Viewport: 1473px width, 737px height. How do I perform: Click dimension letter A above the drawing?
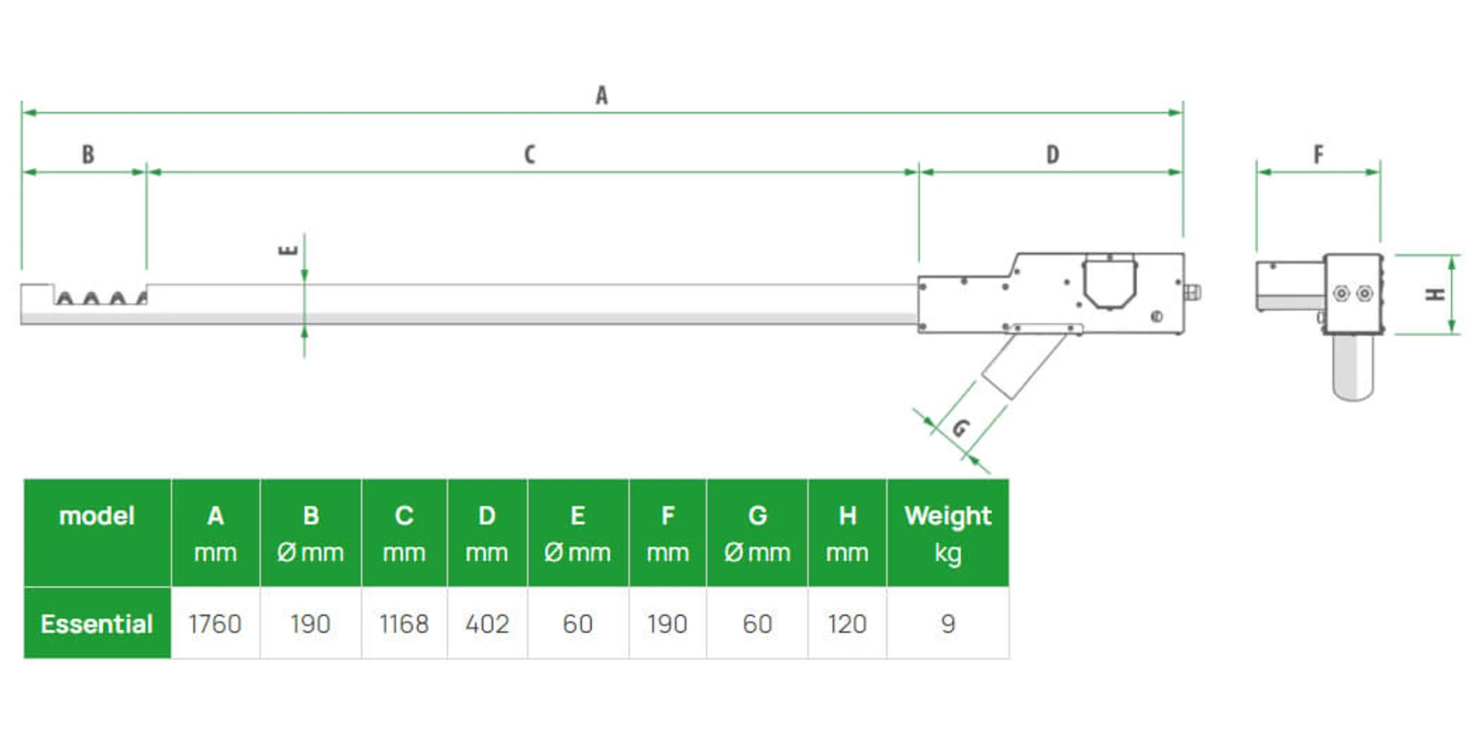(x=602, y=96)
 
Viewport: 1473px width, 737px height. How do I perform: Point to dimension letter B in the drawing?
(x=88, y=155)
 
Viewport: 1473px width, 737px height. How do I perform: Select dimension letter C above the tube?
(x=530, y=155)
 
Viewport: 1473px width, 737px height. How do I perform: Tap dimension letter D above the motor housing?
(x=1052, y=155)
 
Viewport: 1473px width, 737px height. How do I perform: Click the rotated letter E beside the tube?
(x=288, y=250)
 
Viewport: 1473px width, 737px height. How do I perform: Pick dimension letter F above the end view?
(x=1318, y=155)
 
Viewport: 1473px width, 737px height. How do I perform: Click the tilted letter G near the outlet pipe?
(x=960, y=427)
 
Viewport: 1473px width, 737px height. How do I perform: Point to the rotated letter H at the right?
(x=1435, y=295)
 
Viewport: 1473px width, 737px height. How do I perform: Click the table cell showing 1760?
(x=215, y=624)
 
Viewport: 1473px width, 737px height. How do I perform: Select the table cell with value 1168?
(x=404, y=624)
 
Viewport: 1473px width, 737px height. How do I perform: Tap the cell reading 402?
(x=487, y=624)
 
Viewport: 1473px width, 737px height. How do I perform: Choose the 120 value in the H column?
(x=847, y=624)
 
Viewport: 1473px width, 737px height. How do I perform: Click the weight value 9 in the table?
(x=948, y=624)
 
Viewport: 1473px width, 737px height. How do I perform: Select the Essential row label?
(x=96, y=624)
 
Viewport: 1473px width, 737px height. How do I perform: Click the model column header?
(x=96, y=516)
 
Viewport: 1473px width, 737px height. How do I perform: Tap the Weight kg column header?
(x=948, y=533)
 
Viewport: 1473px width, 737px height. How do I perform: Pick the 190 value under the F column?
(x=667, y=624)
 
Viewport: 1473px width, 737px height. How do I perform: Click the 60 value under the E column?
(x=577, y=624)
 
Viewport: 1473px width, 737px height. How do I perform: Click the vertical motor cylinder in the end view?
(x=1353, y=367)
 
